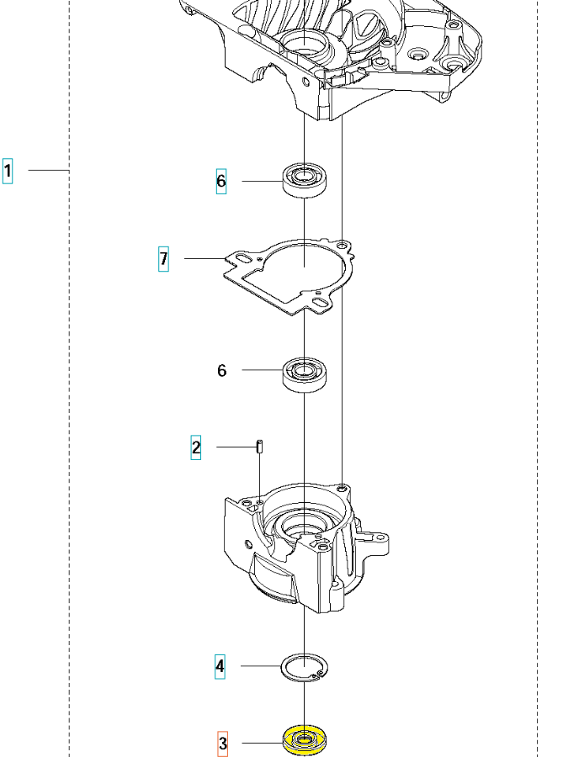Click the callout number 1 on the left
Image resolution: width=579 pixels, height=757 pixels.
8,171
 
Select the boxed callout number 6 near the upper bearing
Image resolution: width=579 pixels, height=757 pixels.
221,181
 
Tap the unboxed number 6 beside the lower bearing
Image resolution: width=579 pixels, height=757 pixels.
221,370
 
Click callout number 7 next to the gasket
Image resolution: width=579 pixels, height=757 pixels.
164,259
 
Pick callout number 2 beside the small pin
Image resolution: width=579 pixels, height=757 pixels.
196,447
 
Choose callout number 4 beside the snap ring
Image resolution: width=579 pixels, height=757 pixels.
220,666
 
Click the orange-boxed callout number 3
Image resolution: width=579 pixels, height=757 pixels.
223,743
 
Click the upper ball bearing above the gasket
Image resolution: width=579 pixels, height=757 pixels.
304,180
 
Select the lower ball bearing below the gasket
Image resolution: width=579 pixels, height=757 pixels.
304,375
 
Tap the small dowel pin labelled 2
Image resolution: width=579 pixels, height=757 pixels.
260,446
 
